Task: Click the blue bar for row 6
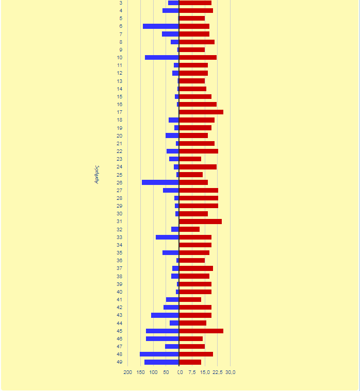coord(160,26)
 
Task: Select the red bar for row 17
coord(201,112)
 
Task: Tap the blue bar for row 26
coord(160,182)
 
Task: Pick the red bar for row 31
coord(200,222)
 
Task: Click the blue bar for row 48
coord(159,354)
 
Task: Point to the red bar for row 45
coord(201,331)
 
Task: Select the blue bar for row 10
coord(161,57)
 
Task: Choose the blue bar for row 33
coord(167,237)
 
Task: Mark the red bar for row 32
coord(189,229)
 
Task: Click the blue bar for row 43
coord(165,315)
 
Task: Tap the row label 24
coord(120,167)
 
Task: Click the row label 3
coord(121,3)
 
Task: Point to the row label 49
coord(120,362)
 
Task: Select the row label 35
coord(120,253)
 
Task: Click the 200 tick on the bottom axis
coord(127,372)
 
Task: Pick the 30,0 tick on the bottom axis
coord(231,372)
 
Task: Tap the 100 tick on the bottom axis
coord(153,372)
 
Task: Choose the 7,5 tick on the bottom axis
coord(192,372)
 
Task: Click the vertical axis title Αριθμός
coord(96,175)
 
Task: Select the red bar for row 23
coord(190,159)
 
